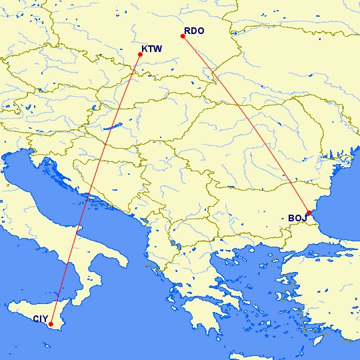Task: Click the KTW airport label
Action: [152, 49]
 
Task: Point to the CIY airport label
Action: [41, 319]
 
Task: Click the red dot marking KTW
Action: [140, 54]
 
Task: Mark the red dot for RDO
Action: [183, 36]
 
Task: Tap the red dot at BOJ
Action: [309, 213]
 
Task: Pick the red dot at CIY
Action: [51, 325]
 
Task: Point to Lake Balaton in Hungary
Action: [107, 125]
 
